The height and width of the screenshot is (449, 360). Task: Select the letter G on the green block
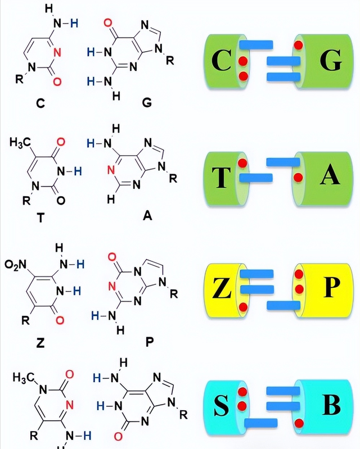point(329,61)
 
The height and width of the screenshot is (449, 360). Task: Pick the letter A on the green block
point(330,176)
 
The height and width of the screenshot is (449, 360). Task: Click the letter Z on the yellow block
point(223,289)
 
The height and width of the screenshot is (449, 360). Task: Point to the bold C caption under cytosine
point(39,103)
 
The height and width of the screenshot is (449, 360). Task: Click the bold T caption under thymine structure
point(40,219)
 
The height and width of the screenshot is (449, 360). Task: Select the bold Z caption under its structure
point(40,342)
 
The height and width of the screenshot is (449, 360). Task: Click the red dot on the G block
point(299,44)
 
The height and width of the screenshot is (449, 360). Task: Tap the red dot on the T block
point(242,164)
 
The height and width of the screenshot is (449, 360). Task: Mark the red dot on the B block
point(299,422)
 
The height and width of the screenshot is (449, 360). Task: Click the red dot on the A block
point(299,178)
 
